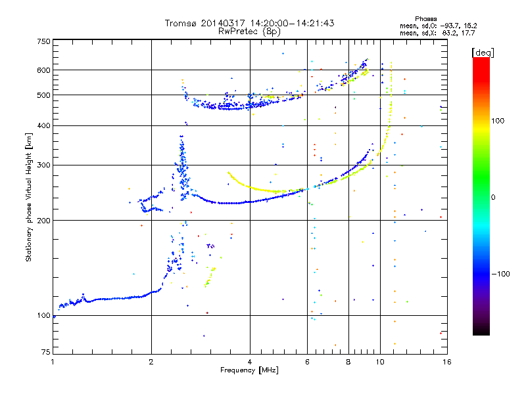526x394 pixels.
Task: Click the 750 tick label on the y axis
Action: tap(43, 41)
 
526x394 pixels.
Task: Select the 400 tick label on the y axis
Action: tap(43, 125)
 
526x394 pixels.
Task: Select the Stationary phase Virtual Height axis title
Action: tap(29, 198)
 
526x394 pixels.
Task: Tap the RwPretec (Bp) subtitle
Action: tap(250, 31)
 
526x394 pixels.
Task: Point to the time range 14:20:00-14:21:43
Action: tap(290, 23)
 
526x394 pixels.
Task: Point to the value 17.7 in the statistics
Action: tap(468, 32)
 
